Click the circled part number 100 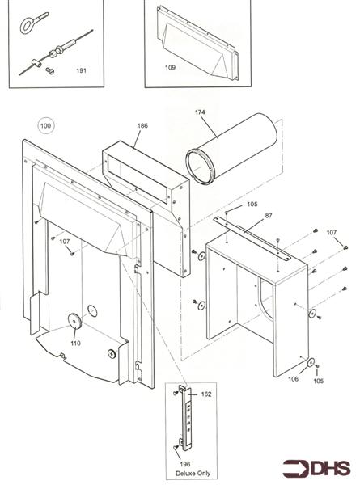coord(45,126)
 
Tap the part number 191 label coord(81,70)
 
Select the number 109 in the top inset coord(170,67)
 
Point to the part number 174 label coord(200,112)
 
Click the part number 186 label coord(142,125)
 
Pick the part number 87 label coord(269,216)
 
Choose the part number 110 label coord(75,343)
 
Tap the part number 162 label coord(206,394)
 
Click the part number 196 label coord(184,464)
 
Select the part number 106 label coord(293,378)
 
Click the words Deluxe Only coord(193,473)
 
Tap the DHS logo coord(316,468)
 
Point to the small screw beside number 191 coord(50,71)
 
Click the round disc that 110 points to coord(74,322)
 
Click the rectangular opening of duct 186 coord(138,179)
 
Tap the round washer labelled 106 coord(311,362)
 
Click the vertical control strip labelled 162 coord(188,418)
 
